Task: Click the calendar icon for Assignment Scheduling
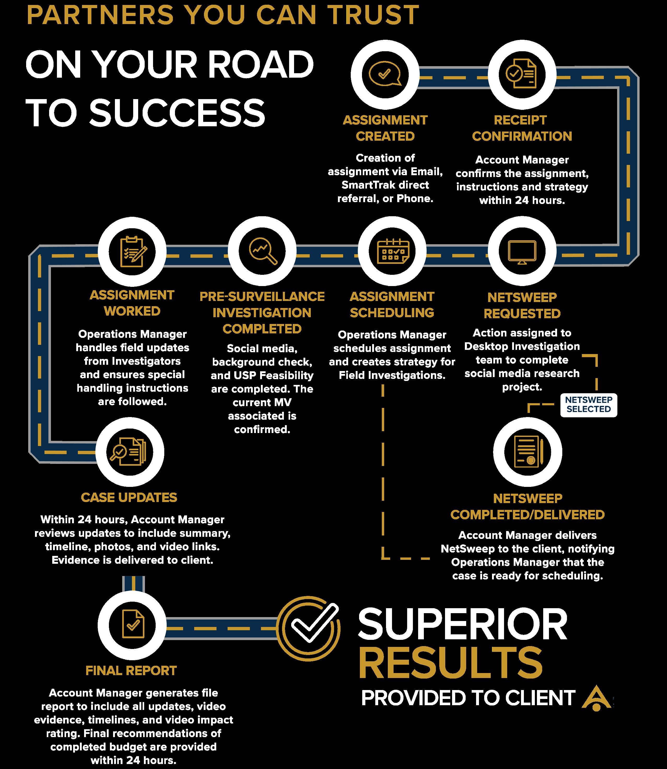tap(392, 251)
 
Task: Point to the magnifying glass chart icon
tap(262, 251)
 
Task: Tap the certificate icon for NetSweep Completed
tap(528, 451)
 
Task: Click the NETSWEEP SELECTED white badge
tap(588, 405)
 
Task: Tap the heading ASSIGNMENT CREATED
tap(385, 128)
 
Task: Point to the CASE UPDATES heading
tap(129, 497)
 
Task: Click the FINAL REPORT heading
tap(131, 671)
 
